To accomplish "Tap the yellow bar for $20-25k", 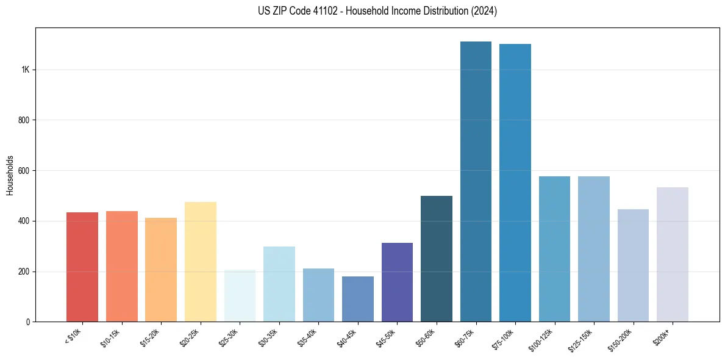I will click(x=201, y=262).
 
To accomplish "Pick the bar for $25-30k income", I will click(x=240, y=296).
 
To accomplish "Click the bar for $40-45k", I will click(x=358, y=299).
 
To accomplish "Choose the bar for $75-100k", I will click(x=515, y=183).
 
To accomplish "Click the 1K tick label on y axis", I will click(x=25, y=70).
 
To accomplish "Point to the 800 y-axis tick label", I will click(x=24, y=120).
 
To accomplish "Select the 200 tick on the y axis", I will click(x=24, y=272).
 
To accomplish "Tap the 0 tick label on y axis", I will click(x=28, y=322).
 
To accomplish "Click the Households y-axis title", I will click(x=10, y=175).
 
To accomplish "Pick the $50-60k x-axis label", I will click(x=426, y=337).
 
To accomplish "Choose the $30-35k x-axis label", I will click(x=269, y=337).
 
